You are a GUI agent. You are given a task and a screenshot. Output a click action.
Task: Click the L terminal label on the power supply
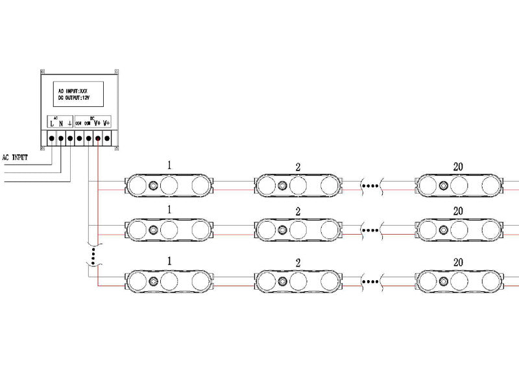[52, 123]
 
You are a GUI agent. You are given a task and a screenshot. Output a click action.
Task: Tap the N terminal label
[61, 123]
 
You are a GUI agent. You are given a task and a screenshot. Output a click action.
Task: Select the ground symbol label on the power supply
[69, 123]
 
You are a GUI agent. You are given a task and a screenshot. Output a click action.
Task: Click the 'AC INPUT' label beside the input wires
[16, 157]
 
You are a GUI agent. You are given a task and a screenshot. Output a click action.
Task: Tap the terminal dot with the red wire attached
[97, 138]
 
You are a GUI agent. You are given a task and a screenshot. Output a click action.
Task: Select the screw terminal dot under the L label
[52, 138]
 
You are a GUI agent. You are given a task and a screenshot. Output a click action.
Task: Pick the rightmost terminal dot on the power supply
[106, 138]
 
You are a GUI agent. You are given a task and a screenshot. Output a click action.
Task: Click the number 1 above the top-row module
[169, 165]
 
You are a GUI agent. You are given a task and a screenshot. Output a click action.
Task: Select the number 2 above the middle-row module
[298, 212]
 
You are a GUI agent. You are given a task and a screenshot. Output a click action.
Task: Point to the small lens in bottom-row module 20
[443, 281]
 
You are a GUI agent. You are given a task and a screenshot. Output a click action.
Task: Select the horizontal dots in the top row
[371, 186]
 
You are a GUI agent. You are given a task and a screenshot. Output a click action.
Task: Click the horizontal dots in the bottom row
[371, 281]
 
